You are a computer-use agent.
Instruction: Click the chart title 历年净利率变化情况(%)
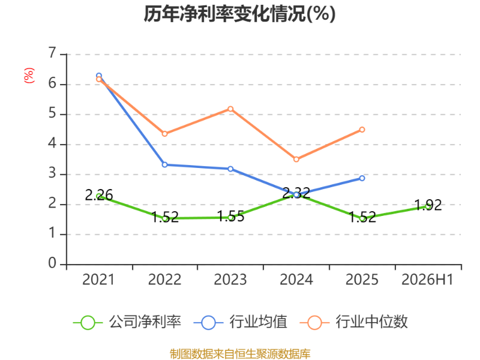(x=239, y=14)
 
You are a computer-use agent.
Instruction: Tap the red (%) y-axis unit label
(x=29, y=76)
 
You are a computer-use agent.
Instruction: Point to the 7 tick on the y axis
(x=52, y=53)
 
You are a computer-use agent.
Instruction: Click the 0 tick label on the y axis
(x=52, y=263)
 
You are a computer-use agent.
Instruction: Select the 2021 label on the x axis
(x=98, y=280)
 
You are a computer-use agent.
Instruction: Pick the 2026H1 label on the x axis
(x=427, y=280)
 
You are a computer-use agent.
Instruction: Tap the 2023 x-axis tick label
(x=230, y=280)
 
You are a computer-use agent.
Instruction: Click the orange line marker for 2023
(x=230, y=109)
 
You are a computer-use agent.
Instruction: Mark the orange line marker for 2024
(x=296, y=159)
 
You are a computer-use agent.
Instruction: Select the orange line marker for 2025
(x=362, y=130)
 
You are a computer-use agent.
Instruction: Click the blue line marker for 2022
(x=164, y=164)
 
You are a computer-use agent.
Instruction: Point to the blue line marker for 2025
(x=362, y=178)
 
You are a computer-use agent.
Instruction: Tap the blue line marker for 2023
(x=230, y=169)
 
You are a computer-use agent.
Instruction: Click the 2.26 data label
(x=99, y=195)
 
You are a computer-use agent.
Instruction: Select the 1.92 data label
(x=428, y=205)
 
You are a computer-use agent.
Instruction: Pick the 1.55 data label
(x=231, y=216)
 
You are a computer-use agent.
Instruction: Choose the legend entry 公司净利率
(x=127, y=322)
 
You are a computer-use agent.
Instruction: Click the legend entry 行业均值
(x=241, y=322)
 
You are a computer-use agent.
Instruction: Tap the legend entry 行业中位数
(x=353, y=322)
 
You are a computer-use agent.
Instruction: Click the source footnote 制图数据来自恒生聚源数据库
(x=240, y=354)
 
